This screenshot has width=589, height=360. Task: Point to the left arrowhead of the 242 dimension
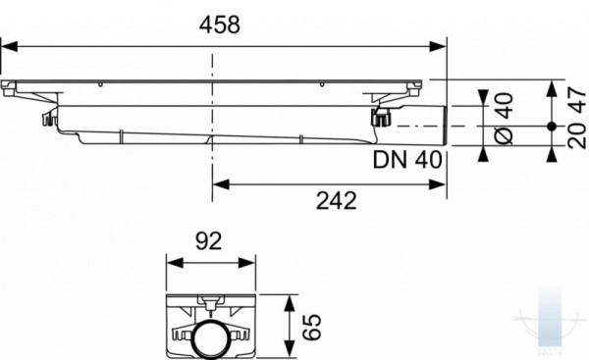[219, 180]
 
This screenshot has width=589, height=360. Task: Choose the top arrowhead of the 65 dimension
[290, 299]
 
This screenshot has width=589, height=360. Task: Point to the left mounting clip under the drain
[46, 120]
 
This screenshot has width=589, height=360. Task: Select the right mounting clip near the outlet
[380, 119]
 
